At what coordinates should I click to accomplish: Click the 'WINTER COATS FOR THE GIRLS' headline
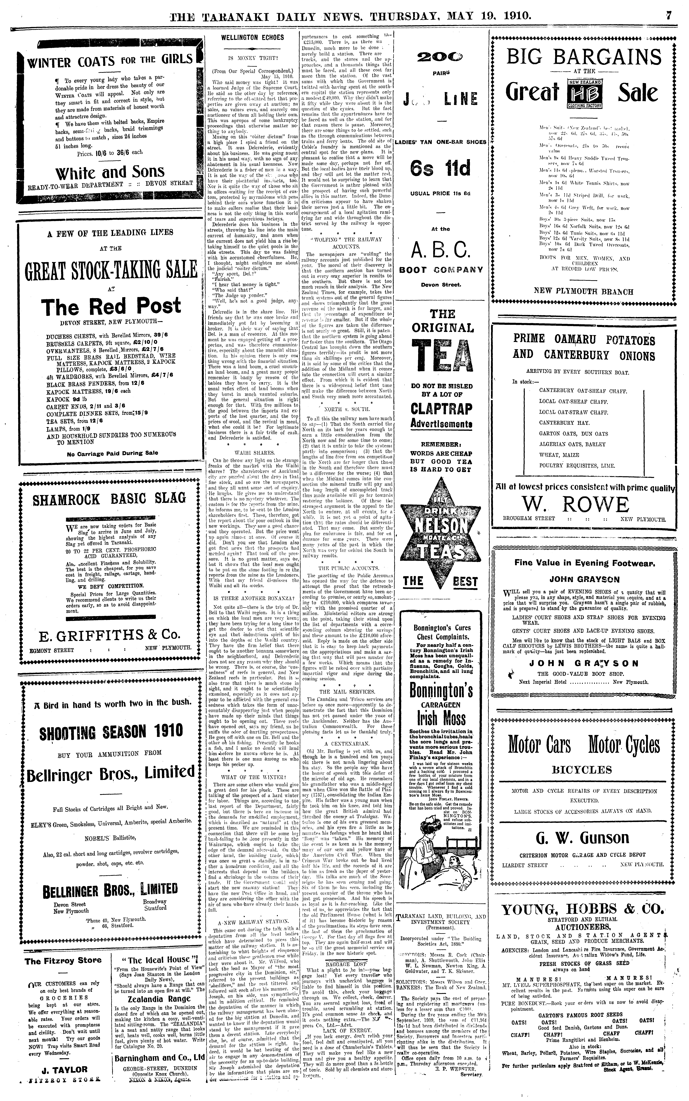pyautogui.click(x=109, y=60)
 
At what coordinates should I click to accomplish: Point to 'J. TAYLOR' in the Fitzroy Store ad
pyautogui.click(x=63, y=1069)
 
